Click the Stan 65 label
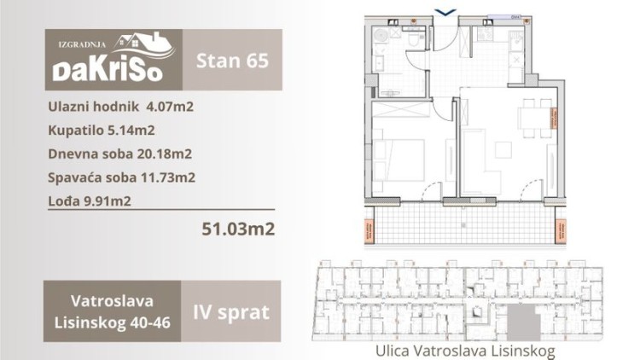click(x=232, y=60)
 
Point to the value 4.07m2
click(x=174, y=107)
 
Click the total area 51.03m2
click(x=238, y=229)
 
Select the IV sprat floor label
click(x=232, y=311)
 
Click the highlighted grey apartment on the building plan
click(x=520, y=322)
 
